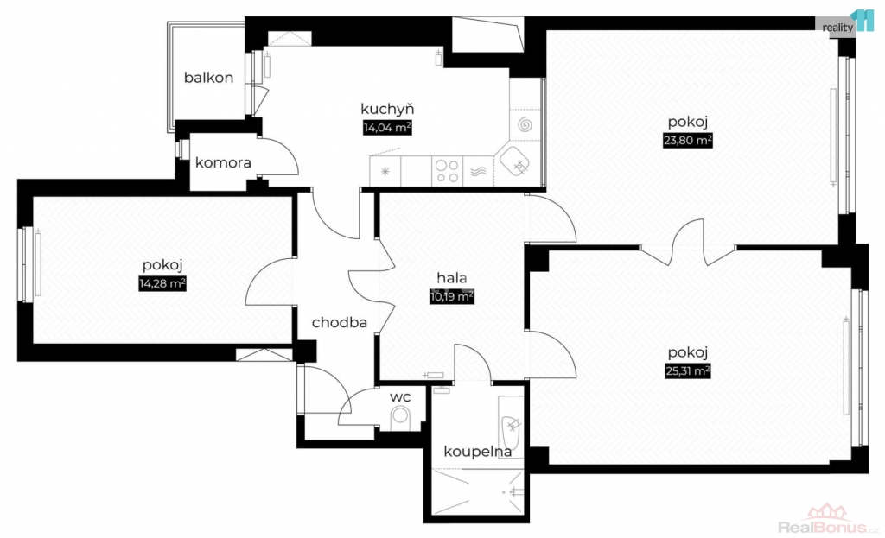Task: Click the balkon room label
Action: pos(208,78)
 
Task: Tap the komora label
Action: pos(223,162)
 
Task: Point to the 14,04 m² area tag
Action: pos(386,128)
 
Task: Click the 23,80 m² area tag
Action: pos(687,139)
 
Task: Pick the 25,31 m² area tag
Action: pos(687,371)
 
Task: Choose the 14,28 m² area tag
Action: pos(163,282)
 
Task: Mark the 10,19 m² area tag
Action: pos(452,297)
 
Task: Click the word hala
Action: pos(452,278)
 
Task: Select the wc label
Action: pos(399,396)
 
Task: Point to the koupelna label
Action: pos(478,451)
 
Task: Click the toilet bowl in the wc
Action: pos(400,417)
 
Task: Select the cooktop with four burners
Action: pos(447,169)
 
